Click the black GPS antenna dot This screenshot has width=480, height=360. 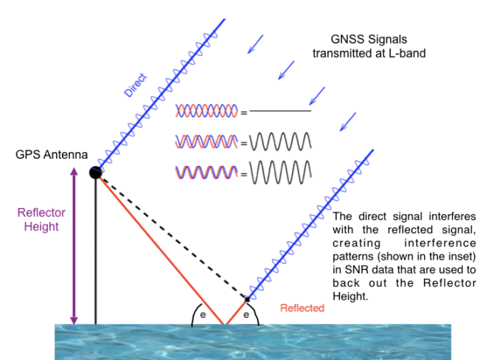point(96,173)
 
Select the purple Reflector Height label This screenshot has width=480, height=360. point(41,219)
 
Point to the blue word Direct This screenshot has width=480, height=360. point(136,85)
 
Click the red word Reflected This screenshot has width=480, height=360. point(301,308)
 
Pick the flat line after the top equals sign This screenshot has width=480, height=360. point(281,111)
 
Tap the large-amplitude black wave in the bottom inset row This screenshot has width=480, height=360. point(281,171)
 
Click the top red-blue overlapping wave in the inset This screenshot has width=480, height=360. point(207,111)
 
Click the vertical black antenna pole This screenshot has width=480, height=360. point(96,251)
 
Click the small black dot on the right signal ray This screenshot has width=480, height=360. point(246,299)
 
